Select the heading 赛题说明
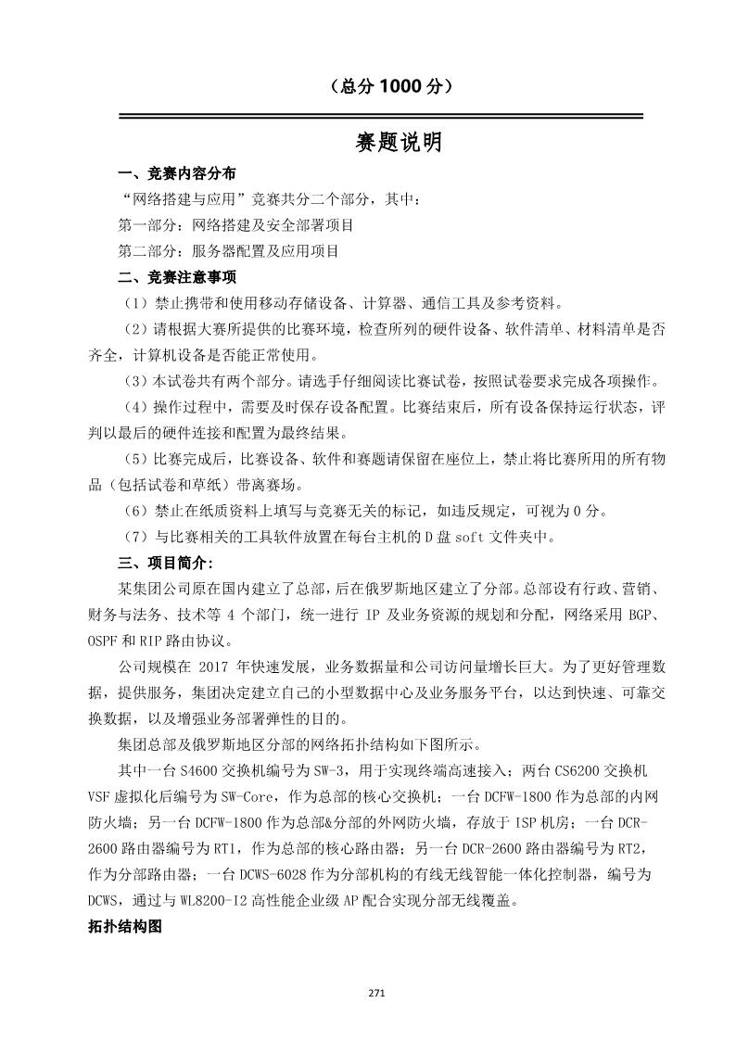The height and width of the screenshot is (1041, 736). point(399,143)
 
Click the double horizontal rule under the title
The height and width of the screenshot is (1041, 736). point(380,117)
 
